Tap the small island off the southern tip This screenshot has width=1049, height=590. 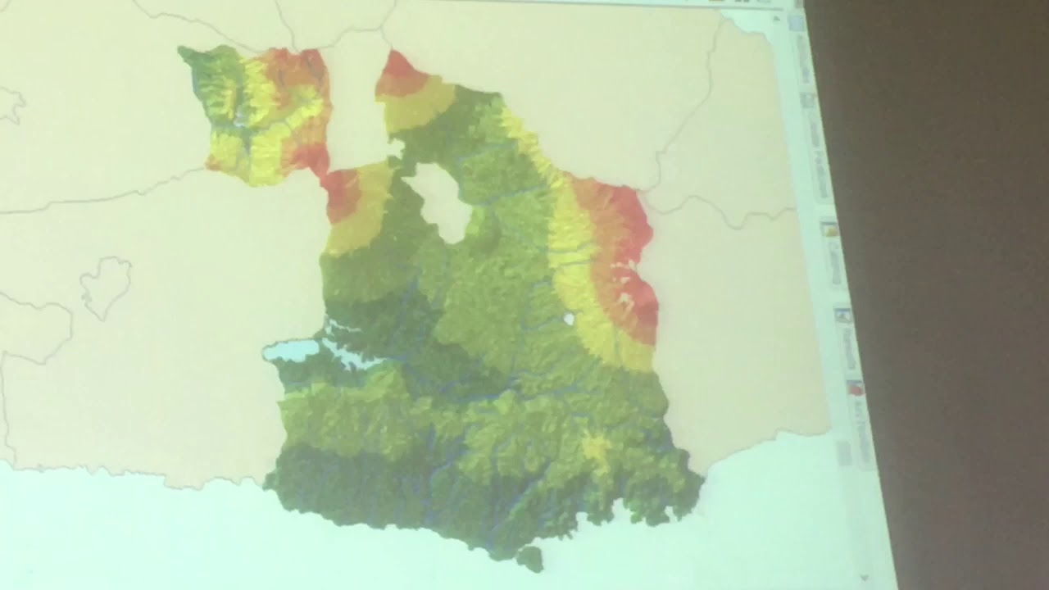click(530, 559)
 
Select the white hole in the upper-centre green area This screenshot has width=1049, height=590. click(443, 202)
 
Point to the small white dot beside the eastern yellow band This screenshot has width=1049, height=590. click(568, 318)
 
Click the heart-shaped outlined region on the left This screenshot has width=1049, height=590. click(106, 285)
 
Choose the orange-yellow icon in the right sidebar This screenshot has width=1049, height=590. click(829, 229)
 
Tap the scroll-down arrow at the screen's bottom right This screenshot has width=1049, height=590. click(865, 578)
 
